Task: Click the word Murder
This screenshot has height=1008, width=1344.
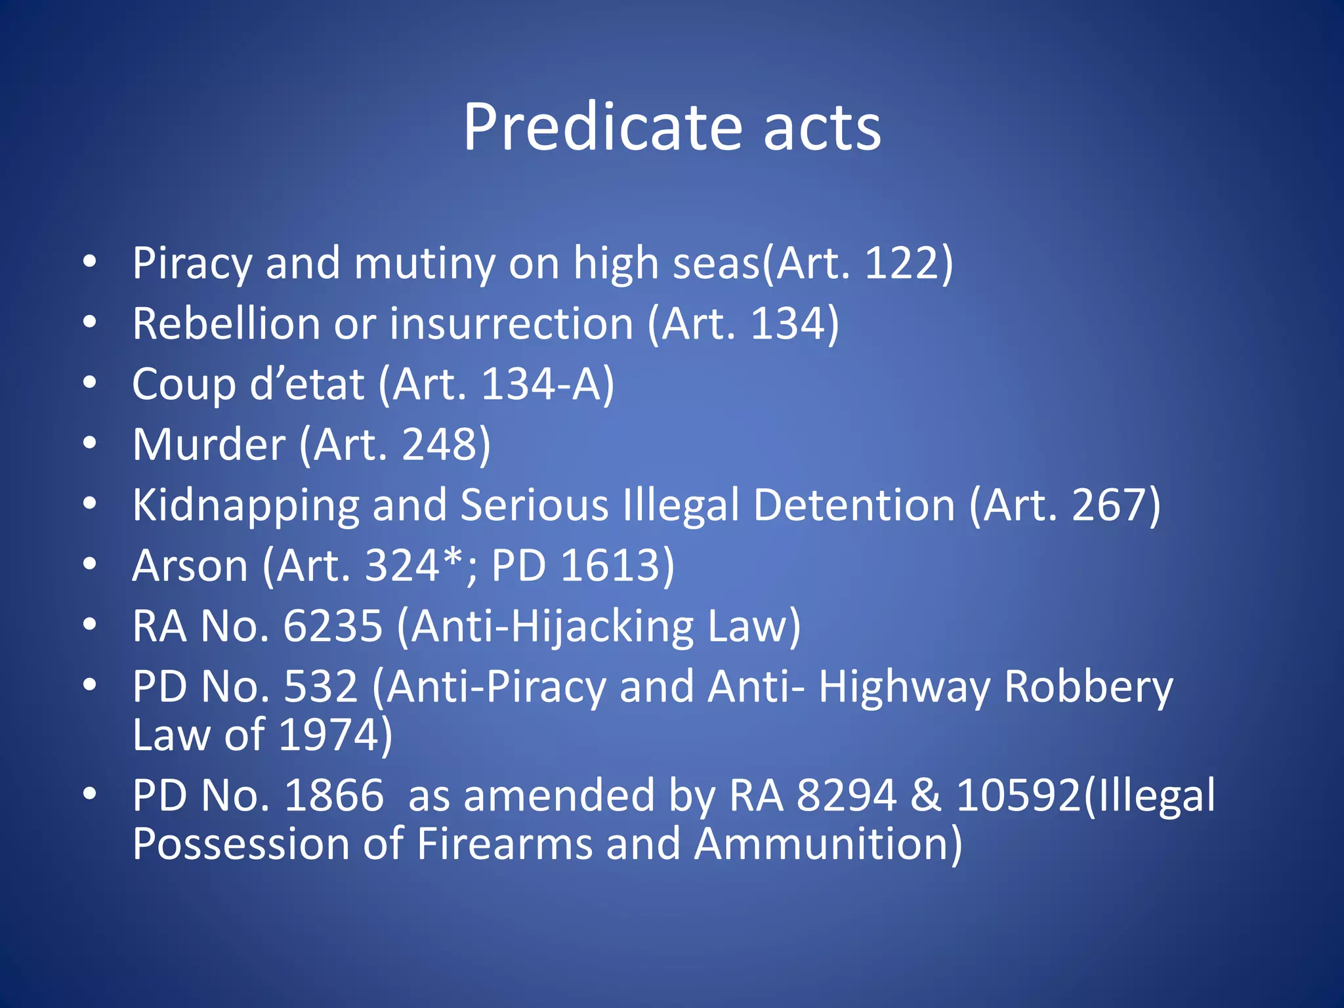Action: (209, 444)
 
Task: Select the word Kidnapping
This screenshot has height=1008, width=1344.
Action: (245, 505)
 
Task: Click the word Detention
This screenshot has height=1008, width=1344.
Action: (854, 505)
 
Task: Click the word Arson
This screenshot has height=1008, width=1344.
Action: (190, 566)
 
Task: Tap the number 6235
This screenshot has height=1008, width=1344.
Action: (333, 626)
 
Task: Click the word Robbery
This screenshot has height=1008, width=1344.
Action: (1088, 687)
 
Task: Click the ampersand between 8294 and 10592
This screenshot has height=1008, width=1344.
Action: (925, 795)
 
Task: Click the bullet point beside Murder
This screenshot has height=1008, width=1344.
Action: (90, 443)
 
